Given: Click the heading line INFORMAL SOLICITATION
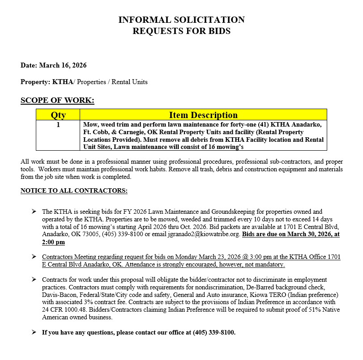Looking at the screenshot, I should coord(181,20).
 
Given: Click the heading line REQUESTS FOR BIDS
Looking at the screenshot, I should coord(181,31).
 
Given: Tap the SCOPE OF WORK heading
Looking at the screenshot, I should coord(57,100).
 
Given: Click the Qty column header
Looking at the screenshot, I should coord(58,115).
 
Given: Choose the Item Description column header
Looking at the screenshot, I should coord(203,115).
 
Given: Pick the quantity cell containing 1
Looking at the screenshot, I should coord(58,125).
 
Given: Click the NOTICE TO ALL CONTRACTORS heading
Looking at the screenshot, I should coord(74,191).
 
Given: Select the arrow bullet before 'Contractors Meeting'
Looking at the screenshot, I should coord(34,257).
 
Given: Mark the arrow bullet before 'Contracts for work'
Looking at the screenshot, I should coord(34,280).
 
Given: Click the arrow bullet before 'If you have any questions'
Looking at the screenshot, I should coord(34,333).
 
